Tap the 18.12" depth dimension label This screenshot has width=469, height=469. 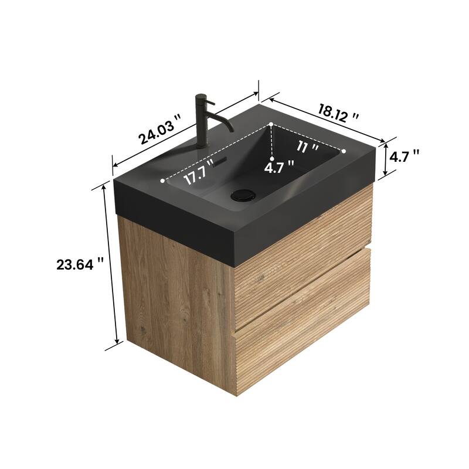pyautogui.click(x=338, y=112)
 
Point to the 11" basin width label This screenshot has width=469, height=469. pyautogui.click(x=307, y=147)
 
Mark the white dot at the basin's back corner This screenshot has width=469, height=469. pyautogui.click(x=272, y=124)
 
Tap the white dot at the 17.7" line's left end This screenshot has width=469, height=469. pyautogui.click(x=163, y=181)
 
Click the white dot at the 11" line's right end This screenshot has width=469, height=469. pyautogui.click(x=344, y=151)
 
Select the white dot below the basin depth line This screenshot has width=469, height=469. pyautogui.click(x=272, y=159)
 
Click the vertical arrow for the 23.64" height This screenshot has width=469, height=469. pyautogui.click(x=111, y=264)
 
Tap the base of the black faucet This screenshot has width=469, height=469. pyautogui.click(x=204, y=145)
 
